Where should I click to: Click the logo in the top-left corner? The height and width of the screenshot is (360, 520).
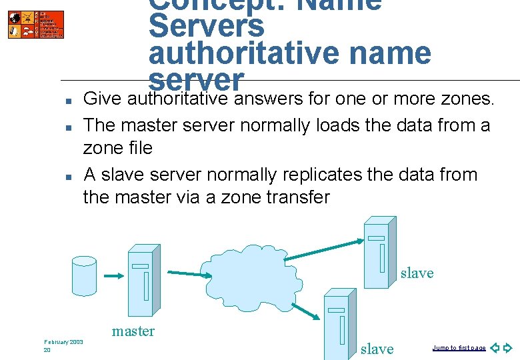[36, 24]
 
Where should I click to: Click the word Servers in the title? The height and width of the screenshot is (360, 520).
[207, 27]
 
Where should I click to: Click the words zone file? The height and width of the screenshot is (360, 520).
[117, 148]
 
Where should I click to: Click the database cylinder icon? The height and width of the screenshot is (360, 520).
[85, 275]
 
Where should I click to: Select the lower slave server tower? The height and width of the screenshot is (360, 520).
[339, 327]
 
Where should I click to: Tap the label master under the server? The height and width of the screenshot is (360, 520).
[133, 331]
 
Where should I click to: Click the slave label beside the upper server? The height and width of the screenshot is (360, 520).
[417, 273]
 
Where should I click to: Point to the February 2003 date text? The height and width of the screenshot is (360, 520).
[63, 342]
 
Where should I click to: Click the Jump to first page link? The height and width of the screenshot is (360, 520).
[459, 348]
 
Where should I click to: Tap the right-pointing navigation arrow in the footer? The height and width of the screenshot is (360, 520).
[507, 348]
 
